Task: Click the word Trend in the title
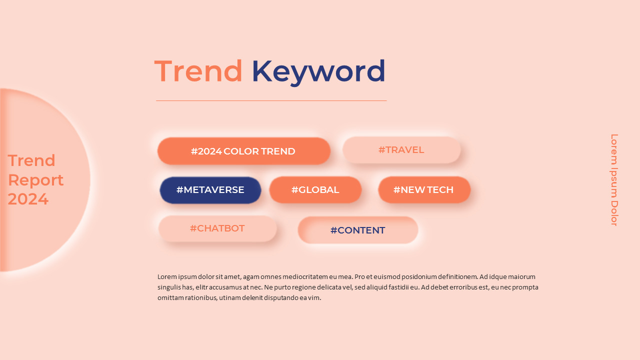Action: point(198,71)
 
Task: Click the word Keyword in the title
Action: point(318,71)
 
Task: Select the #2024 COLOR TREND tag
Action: point(243,151)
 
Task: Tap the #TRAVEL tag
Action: point(401,150)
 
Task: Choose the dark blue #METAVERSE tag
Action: point(210,190)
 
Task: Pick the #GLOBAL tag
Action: point(315,190)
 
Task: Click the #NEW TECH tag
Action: point(423,190)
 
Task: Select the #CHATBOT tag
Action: point(217,228)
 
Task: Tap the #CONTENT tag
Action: point(357,230)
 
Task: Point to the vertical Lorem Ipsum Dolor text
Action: point(614,180)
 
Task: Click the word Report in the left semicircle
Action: point(35,180)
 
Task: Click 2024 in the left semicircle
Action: point(28,199)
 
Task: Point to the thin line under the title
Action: point(271,100)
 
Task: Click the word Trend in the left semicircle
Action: point(31,160)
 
